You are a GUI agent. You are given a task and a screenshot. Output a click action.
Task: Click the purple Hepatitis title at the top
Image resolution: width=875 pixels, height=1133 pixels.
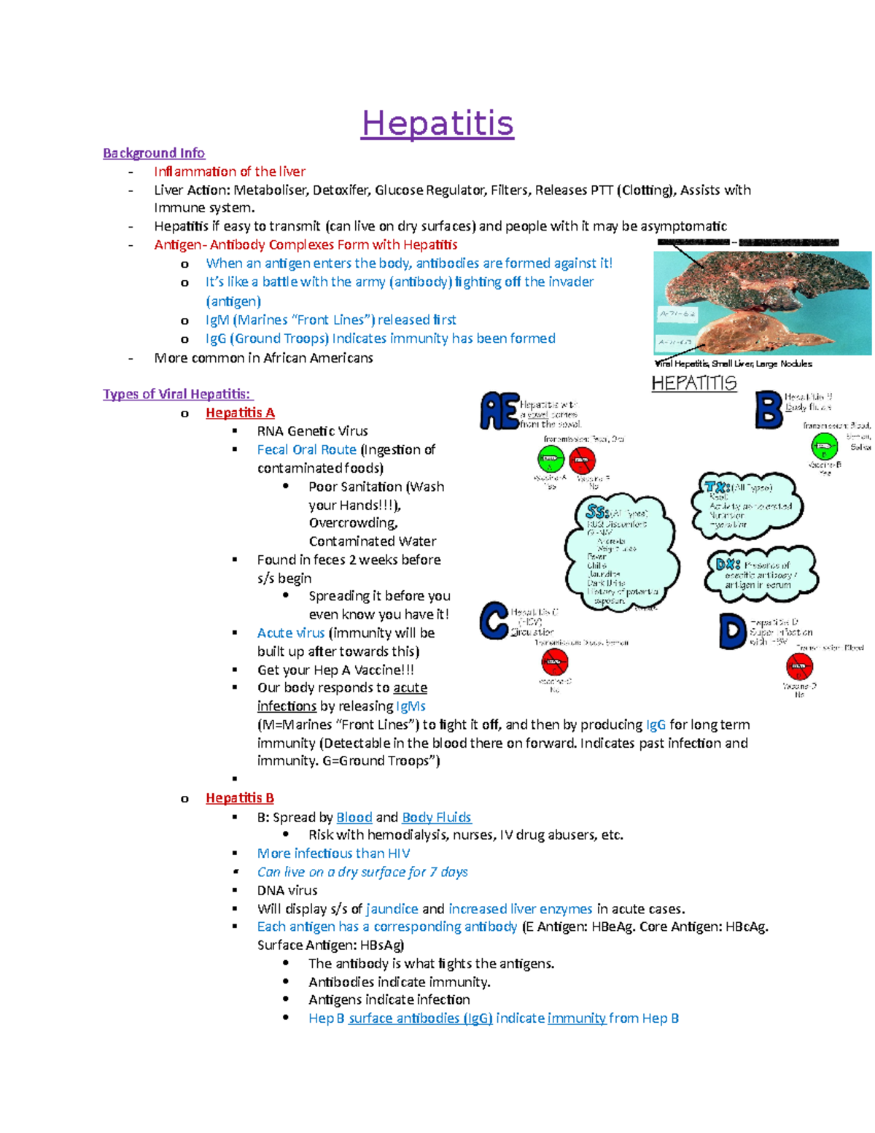[437, 123]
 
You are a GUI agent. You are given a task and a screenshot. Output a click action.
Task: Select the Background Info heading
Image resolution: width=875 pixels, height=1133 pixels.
[154, 153]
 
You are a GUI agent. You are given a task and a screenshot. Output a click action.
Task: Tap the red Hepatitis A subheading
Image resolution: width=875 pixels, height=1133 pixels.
[240, 413]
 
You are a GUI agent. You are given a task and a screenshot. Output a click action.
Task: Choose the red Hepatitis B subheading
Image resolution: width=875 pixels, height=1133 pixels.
[240, 798]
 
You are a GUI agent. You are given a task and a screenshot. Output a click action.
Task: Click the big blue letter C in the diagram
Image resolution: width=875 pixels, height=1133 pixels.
[494, 620]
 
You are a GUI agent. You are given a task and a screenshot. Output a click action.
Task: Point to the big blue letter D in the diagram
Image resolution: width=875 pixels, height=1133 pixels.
[732, 631]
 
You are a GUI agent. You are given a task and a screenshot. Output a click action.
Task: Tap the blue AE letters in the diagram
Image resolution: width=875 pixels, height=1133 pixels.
[499, 411]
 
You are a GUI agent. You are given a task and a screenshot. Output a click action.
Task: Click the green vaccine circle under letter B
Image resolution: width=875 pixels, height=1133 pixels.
[825, 446]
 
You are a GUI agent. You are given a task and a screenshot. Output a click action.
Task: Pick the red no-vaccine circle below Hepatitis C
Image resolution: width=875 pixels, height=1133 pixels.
[555, 662]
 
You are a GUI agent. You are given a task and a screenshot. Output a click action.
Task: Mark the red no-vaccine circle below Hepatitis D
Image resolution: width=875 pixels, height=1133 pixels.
[799, 666]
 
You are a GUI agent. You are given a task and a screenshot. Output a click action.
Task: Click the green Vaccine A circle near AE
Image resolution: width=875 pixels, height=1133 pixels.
[551, 460]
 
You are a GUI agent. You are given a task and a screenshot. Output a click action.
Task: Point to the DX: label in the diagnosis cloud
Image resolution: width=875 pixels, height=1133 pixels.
[728, 564]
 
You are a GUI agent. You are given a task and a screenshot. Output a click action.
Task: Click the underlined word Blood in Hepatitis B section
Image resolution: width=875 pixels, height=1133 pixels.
[354, 817]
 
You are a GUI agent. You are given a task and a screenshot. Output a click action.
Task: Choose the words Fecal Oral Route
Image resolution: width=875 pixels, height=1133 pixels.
[306, 450]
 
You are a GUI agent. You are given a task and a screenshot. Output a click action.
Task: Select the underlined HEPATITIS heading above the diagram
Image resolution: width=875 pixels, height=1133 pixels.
[693, 384]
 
